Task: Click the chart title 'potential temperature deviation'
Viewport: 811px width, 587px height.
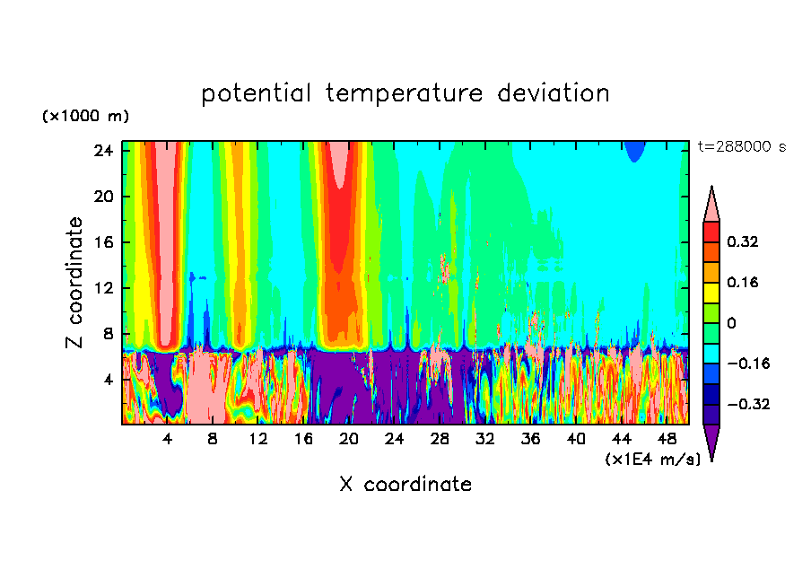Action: pos(405,93)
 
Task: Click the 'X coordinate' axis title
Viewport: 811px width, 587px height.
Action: pos(405,485)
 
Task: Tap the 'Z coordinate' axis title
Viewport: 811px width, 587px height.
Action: pos(75,283)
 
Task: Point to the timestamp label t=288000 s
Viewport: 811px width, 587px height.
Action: pos(741,146)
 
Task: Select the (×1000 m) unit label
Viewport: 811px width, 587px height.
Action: pos(85,117)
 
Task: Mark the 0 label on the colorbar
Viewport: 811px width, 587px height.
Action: pos(731,323)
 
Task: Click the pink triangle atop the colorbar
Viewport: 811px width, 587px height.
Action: pos(711,206)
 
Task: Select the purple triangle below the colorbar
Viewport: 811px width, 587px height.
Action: pos(711,441)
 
